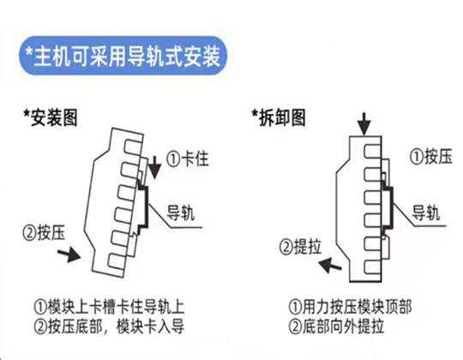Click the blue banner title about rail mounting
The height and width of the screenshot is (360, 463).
(123, 56)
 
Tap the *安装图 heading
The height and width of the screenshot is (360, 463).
(51, 118)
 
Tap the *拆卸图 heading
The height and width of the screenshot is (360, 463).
(279, 117)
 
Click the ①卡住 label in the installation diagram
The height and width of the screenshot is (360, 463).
(188, 159)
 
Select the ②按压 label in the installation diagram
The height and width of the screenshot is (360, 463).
(44, 233)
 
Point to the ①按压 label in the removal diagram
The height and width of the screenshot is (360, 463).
(430, 156)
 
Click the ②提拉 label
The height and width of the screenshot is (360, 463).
(300, 246)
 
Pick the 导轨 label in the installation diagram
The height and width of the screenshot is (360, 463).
(181, 213)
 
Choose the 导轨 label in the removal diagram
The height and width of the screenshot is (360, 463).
(425, 213)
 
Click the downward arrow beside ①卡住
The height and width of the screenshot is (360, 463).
(154, 167)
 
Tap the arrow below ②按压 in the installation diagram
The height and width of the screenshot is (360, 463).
(69, 255)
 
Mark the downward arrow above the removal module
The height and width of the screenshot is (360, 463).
(364, 124)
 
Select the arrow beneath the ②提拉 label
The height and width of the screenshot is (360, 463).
(330, 265)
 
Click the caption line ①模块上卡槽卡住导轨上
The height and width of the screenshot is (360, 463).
(109, 307)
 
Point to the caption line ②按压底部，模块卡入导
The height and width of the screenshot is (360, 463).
(109, 326)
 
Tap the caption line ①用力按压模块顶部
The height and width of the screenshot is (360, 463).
(350, 307)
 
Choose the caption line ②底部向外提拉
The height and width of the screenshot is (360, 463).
(336, 326)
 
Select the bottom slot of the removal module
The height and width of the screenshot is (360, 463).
(373, 267)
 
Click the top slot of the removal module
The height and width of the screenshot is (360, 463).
(373, 151)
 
